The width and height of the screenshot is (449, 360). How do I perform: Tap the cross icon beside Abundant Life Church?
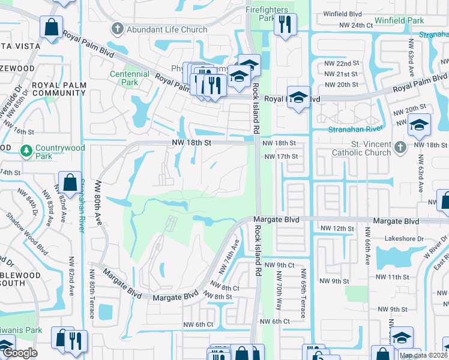(x=117, y=28)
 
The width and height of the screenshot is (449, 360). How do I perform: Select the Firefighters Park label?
(x=267, y=14)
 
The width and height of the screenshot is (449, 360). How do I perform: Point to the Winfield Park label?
(x=399, y=21)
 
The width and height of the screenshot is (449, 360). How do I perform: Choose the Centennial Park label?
(x=129, y=78)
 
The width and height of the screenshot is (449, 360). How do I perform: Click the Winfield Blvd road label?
(x=342, y=13)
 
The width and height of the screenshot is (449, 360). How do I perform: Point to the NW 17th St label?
(x=281, y=157)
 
